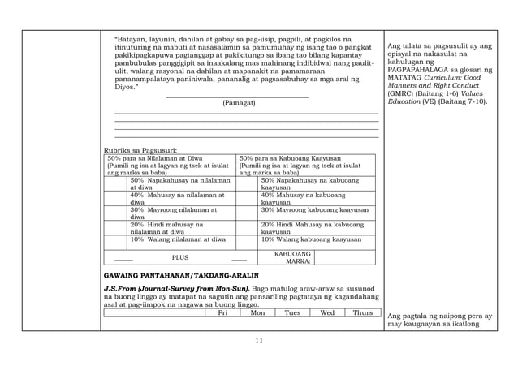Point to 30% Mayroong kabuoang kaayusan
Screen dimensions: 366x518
pos(314,209)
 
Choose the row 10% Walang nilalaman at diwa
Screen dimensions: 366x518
pos(178,239)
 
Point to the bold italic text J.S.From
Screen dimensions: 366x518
pos(122,288)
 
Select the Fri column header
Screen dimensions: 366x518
pos(222,312)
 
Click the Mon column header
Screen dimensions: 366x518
pos(257,312)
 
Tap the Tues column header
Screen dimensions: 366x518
pos(292,312)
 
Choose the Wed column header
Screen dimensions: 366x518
pos(327,312)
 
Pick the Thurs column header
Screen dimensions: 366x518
pos(363,312)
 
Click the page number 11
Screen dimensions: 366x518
pos(259,340)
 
